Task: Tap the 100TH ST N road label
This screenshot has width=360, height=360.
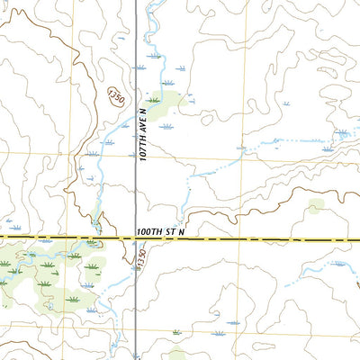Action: (x=161, y=232)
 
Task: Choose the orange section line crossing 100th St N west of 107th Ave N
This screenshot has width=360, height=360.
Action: (x=36, y=238)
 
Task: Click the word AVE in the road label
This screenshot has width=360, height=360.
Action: (x=142, y=128)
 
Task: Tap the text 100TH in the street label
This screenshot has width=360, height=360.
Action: (x=150, y=232)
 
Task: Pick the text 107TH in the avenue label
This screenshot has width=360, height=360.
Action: (x=142, y=148)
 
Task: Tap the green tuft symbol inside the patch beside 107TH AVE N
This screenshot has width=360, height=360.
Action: (x=155, y=99)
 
